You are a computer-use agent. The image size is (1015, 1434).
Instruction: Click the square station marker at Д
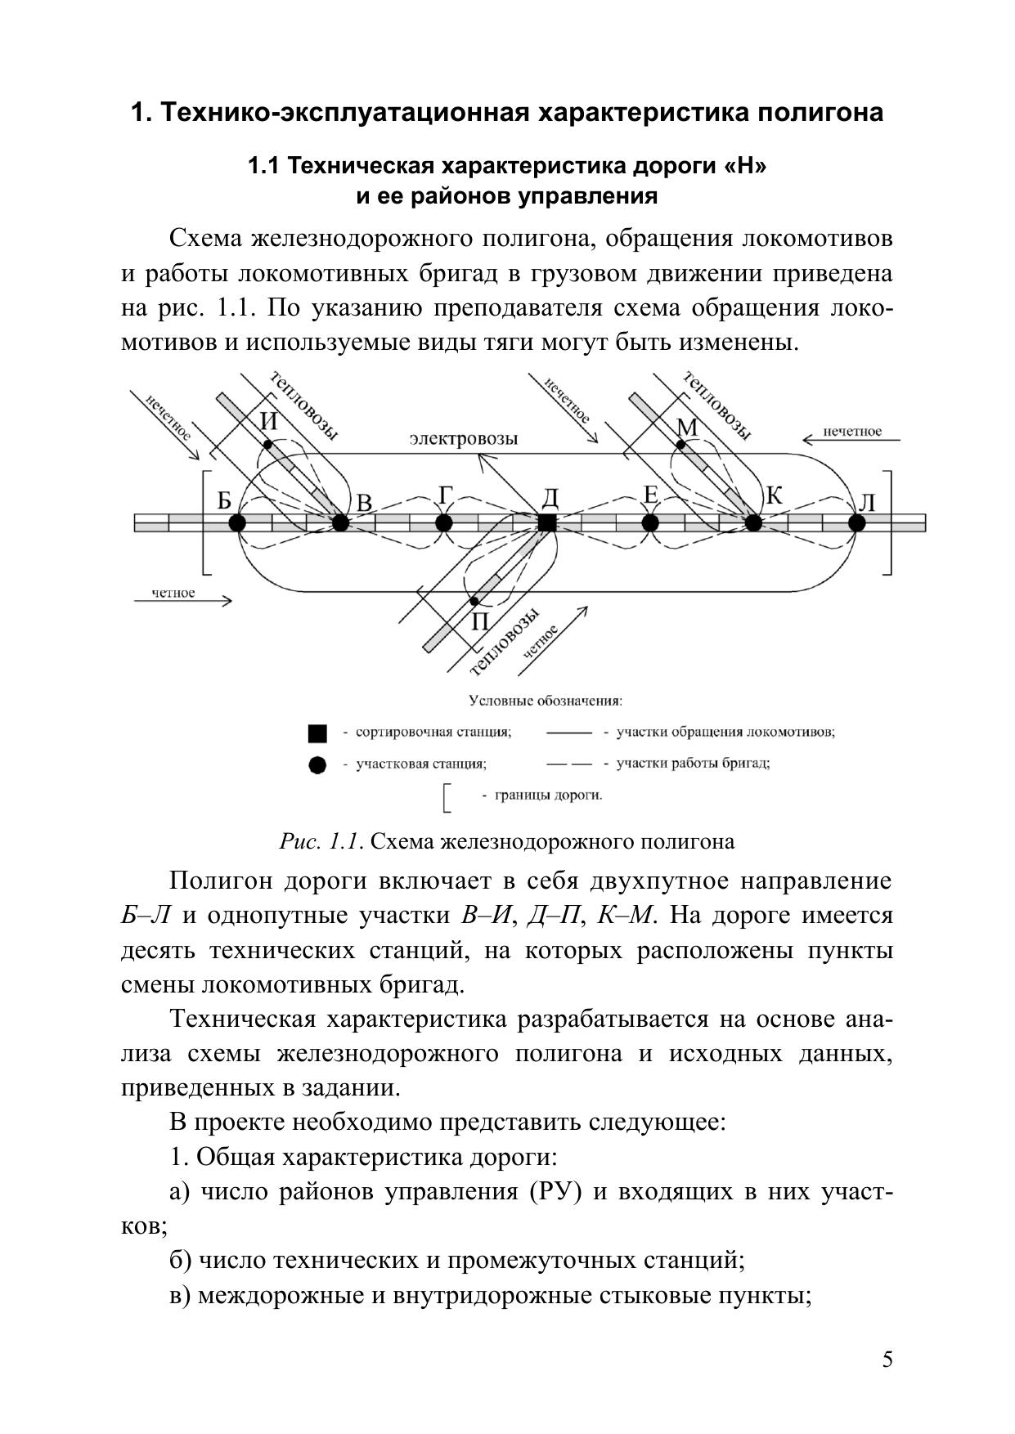coord(547,523)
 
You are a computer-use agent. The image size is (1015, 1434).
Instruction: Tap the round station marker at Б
coord(237,523)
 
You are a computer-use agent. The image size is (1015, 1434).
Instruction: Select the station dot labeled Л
coord(857,522)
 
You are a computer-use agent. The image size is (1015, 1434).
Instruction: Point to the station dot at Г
coord(444,522)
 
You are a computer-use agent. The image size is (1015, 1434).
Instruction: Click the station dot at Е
coord(650,522)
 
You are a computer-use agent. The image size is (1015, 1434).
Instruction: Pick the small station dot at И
coord(267,445)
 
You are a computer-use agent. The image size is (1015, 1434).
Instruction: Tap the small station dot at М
coord(680,445)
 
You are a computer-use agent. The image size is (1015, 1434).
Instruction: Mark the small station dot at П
coord(474,601)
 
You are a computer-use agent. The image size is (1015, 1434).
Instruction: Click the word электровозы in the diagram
coord(464,439)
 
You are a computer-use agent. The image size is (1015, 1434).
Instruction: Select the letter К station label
coord(774,496)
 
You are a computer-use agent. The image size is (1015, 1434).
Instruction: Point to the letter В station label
coord(364,504)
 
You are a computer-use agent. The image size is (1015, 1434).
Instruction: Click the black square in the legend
coord(317,733)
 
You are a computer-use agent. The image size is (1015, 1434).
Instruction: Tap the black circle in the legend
coord(317,765)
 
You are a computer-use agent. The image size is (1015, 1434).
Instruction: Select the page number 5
coord(888,1359)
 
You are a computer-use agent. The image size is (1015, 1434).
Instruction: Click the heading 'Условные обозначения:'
coord(546,701)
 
